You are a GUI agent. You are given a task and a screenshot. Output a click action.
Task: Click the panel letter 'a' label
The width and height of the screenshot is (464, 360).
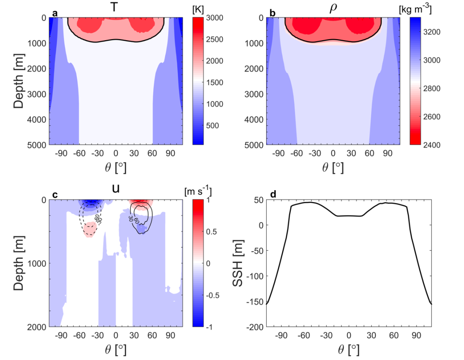click(x=55, y=13)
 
